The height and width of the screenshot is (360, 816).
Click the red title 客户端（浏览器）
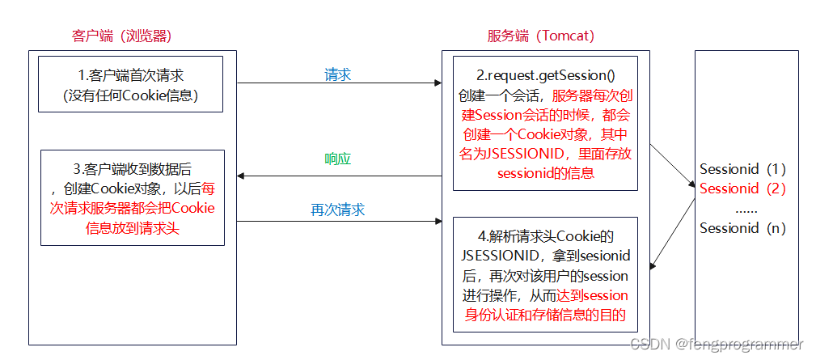[x=121, y=36]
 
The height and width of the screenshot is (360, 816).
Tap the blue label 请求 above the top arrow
[x=337, y=74]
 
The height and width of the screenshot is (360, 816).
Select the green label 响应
[x=337, y=159]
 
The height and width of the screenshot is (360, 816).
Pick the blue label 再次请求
[x=337, y=210]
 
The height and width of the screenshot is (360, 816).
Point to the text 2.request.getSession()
[x=545, y=75]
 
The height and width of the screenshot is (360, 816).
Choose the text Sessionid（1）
[x=742, y=170]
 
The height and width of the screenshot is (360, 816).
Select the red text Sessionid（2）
[x=742, y=188]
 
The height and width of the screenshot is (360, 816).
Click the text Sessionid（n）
[x=742, y=227]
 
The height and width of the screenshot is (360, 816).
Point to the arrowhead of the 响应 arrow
[x=241, y=176]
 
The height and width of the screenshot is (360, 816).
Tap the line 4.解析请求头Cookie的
[x=545, y=237]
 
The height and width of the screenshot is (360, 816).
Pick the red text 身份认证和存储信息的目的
[x=545, y=315]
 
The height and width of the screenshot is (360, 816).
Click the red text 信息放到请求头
[x=132, y=227]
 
